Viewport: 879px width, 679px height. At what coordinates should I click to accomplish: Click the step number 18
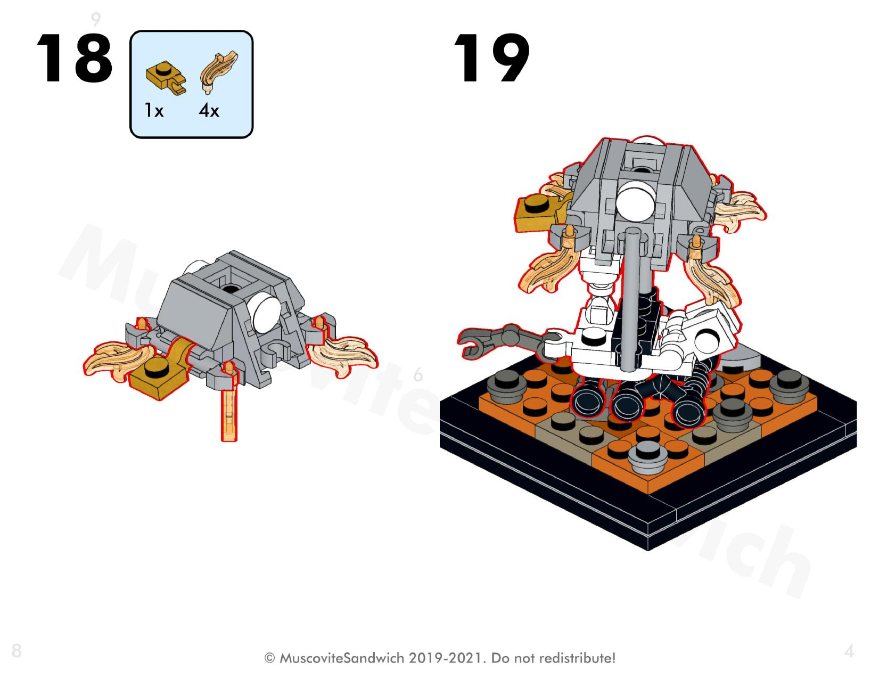[x=75, y=58]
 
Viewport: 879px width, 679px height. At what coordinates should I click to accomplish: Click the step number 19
[x=492, y=58]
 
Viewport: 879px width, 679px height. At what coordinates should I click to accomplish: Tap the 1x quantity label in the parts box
[x=154, y=110]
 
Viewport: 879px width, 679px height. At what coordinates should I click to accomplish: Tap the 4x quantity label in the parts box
[x=209, y=110]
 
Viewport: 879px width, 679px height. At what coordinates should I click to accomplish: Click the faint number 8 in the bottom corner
[x=17, y=651]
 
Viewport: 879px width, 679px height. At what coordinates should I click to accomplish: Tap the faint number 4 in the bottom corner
[x=849, y=651]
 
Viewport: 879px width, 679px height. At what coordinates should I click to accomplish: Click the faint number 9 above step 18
[x=95, y=19]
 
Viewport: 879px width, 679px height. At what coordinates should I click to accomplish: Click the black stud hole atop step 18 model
[x=231, y=289]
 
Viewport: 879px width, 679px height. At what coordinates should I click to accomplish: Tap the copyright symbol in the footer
[x=269, y=659]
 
